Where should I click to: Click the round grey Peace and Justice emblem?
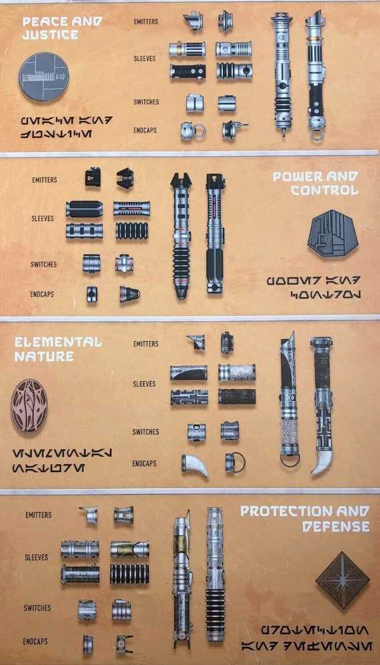[44, 77]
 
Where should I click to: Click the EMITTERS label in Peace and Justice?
[146, 21]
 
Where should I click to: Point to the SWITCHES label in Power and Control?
[43, 265]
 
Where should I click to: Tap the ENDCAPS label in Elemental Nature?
[144, 463]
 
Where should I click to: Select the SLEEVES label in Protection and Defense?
[36, 557]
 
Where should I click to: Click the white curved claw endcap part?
[195, 465]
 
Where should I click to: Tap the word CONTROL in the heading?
[324, 190]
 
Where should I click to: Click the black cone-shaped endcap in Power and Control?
[129, 294]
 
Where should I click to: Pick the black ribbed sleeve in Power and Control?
[132, 231]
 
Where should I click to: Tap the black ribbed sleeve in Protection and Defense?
[130, 573]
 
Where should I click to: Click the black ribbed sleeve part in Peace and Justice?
[233, 70]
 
